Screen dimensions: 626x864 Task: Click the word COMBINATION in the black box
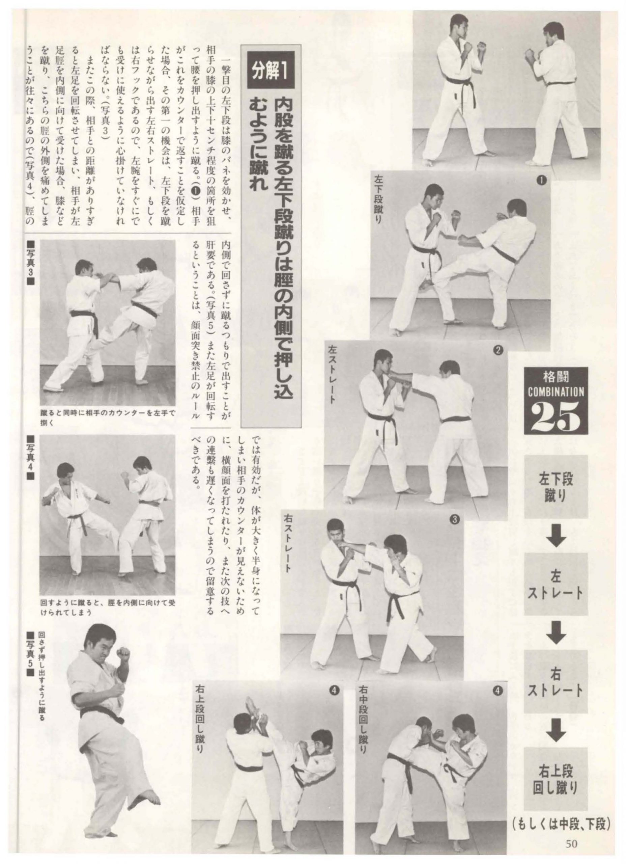pyautogui.click(x=556, y=391)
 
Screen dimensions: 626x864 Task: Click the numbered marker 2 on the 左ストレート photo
pyautogui.click(x=498, y=350)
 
